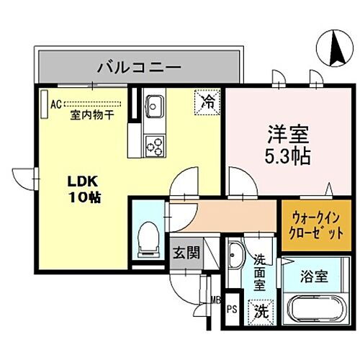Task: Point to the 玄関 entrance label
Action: [x=185, y=253]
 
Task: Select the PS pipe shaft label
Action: [x=231, y=310]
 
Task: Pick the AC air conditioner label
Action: [x=55, y=103]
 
